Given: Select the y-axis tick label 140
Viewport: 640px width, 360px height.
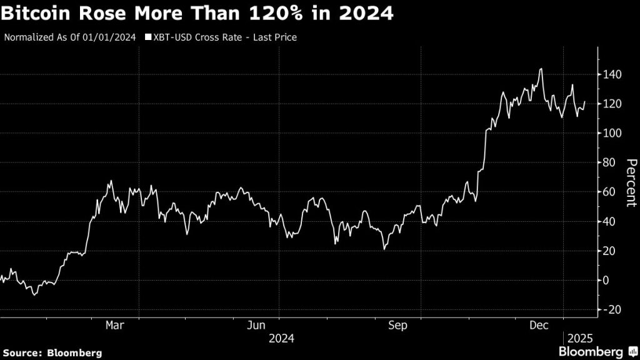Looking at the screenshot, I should coord(612,74).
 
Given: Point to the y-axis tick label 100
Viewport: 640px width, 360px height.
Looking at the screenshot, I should coord(612,133).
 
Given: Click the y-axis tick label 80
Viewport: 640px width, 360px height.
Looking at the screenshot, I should coord(609,162).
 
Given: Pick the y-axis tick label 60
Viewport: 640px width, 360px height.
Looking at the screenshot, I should coord(609,192).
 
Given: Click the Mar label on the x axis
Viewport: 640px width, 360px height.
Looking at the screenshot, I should coord(114,326).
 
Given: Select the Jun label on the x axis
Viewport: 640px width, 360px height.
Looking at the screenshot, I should coord(256,326).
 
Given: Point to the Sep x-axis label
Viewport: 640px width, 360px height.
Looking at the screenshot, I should coord(398,326).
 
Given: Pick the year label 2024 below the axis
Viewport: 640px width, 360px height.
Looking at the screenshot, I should coord(281,338).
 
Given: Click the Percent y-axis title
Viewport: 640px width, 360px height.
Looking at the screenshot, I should coord(631,182).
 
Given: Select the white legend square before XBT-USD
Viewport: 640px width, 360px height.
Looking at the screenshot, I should coord(147,37).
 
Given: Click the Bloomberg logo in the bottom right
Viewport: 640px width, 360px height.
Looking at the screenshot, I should coord(596,351).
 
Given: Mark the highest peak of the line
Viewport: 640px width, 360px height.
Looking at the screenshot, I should coord(540,69).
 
